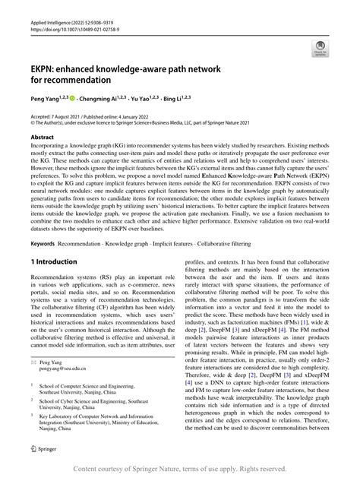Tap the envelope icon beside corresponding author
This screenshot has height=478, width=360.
point(33,386)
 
